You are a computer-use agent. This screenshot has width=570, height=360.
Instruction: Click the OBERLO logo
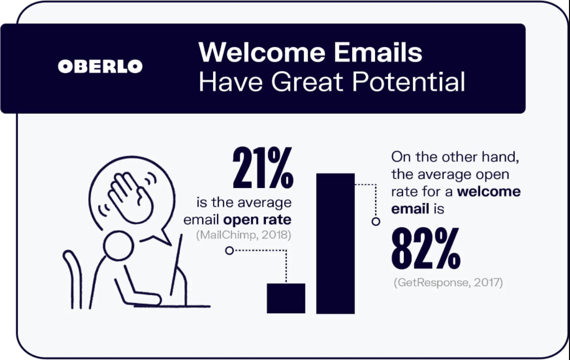pyautogui.click(x=100, y=66)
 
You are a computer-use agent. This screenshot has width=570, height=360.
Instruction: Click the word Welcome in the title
pyautogui.click(x=262, y=52)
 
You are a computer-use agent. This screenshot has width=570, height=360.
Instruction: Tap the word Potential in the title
pyautogui.click(x=408, y=82)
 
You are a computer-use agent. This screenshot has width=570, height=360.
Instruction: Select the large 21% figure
pyautogui.click(x=263, y=167)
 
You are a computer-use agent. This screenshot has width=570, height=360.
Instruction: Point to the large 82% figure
pyautogui.click(x=426, y=248)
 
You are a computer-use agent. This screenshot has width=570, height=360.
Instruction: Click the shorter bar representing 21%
pyautogui.click(x=286, y=298)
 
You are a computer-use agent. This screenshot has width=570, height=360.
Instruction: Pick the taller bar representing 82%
pyautogui.click(x=335, y=244)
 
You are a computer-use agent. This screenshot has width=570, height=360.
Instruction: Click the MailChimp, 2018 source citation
pyautogui.click(x=244, y=235)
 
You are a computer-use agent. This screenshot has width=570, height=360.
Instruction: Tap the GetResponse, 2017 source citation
pyautogui.click(x=448, y=283)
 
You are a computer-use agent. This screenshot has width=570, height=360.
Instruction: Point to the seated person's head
pyautogui.click(x=118, y=246)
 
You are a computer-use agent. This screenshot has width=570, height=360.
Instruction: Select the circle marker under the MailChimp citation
pyautogui.click(x=229, y=250)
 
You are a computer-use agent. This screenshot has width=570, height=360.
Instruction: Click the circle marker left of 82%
pyautogui.click(x=376, y=221)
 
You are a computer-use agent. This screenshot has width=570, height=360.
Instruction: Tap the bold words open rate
pyautogui.click(x=257, y=220)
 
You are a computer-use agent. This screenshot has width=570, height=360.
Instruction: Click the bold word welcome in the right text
pyautogui.click(x=488, y=192)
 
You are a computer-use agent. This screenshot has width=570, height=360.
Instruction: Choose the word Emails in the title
pyautogui.click(x=378, y=52)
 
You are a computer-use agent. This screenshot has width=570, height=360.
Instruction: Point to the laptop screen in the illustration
pyautogui.click(x=176, y=264)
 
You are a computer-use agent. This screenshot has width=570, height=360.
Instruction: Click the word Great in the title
pyautogui.click(x=307, y=82)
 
